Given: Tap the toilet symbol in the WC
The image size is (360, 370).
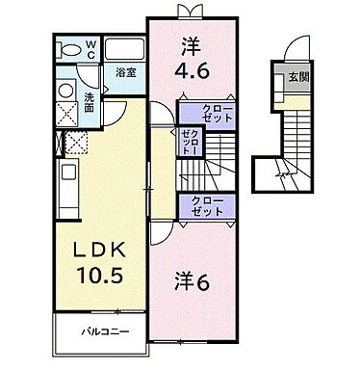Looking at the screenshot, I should pyautogui.click(x=69, y=48).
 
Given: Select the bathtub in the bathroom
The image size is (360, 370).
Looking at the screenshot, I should pyautogui.click(x=121, y=49).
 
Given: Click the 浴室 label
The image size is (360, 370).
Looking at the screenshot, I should pyautogui.click(x=125, y=72).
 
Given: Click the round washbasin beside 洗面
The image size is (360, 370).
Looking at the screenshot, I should pyautogui.click(x=66, y=90).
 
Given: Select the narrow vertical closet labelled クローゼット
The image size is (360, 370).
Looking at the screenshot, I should pyautogui.click(x=190, y=144).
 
